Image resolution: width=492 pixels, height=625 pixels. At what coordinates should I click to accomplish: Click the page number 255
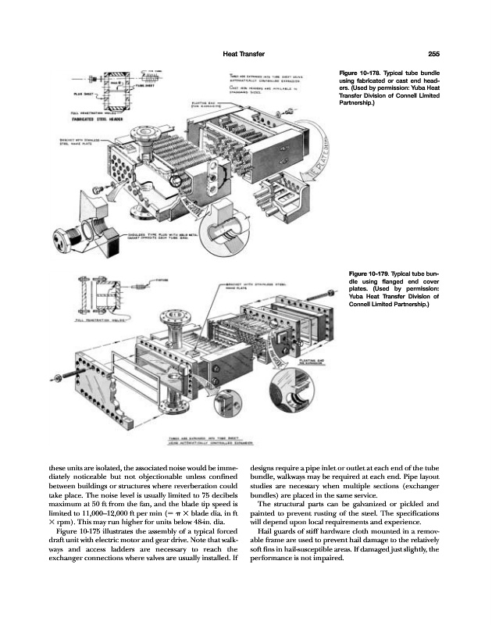click(x=436, y=54)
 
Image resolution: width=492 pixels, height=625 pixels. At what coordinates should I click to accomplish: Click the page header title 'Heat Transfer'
click(x=244, y=54)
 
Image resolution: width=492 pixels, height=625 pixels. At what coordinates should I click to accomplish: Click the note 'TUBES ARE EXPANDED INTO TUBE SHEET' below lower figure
click(x=205, y=439)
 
